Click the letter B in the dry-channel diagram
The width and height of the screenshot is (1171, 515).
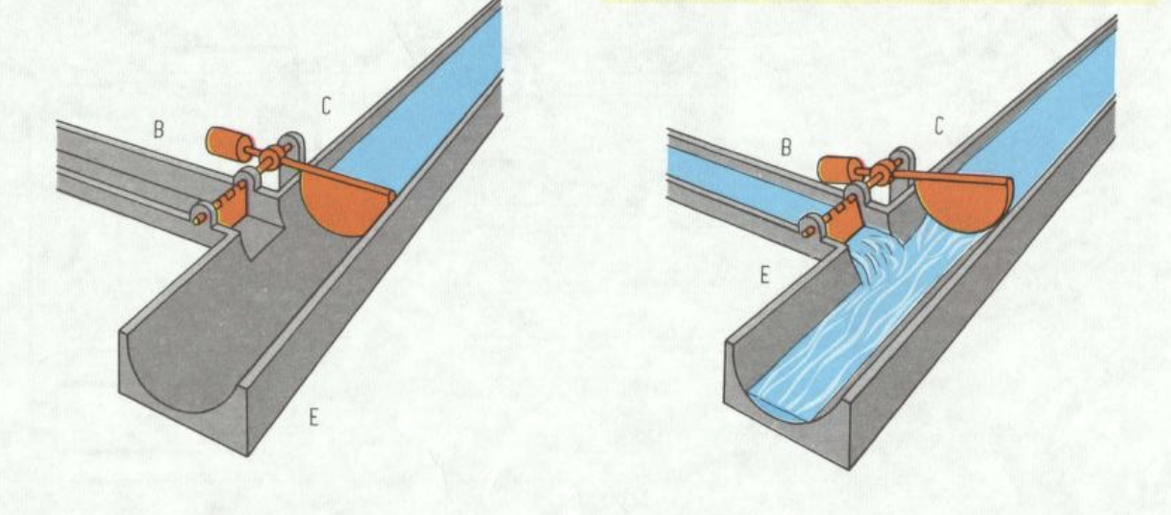point(159,130)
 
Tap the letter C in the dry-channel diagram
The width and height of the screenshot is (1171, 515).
point(326,107)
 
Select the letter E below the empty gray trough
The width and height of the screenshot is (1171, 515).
point(313,417)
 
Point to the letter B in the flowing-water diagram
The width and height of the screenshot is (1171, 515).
point(785,148)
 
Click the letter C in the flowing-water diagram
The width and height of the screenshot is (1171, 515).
point(939,127)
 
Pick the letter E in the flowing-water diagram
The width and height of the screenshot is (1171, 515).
point(765,275)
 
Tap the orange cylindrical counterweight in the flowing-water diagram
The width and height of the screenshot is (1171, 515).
point(837,170)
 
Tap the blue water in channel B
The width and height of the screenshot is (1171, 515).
point(742,183)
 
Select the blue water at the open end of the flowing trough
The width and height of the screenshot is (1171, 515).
point(785,405)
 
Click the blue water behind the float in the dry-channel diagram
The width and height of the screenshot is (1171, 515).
point(418,105)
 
